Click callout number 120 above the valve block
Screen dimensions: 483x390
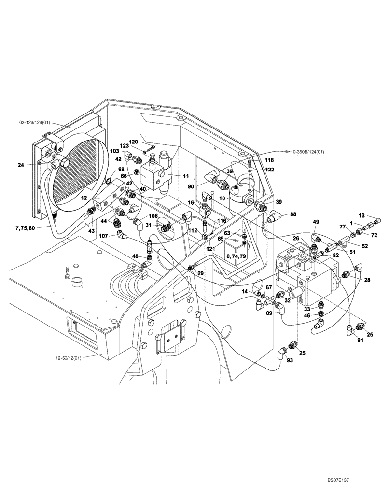[133, 142]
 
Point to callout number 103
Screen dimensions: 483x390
[114, 151]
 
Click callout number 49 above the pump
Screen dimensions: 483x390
[316, 222]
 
